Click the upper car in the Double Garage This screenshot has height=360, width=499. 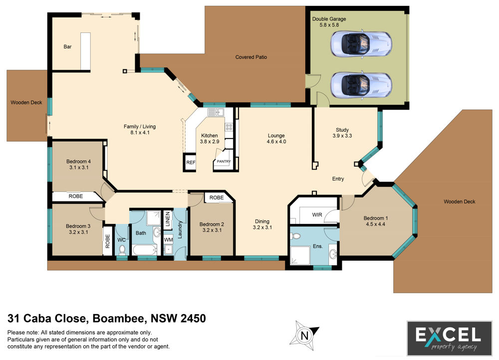(x=361, y=43)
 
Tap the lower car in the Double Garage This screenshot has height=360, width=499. (x=361, y=85)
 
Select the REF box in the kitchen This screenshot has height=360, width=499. (x=190, y=163)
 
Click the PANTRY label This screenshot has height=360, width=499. (x=224, y=161)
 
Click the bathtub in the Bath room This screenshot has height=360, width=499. (x=145, y=250)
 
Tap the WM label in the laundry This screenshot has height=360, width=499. (x=168, y=240)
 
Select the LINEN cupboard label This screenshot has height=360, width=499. (x=168, y=219)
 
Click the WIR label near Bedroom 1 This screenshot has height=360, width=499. (x=317, y=215)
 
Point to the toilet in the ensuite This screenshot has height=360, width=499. (x=295, y=236)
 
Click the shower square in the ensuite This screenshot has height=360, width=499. (x=300, y=256)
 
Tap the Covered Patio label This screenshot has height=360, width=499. (x=251, y=57)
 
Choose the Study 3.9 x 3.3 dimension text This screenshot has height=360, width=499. (x=342, y=136)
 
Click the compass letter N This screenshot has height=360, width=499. (x=304, y=336)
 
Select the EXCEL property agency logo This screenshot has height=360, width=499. (x=450, y=339)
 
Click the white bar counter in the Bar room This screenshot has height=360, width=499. (x=85, y=51)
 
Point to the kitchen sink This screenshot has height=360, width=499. (x=216, y=112)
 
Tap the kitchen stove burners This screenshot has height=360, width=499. (x=229, y=128)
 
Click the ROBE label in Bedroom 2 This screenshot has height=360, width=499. (x=217, y=197)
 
